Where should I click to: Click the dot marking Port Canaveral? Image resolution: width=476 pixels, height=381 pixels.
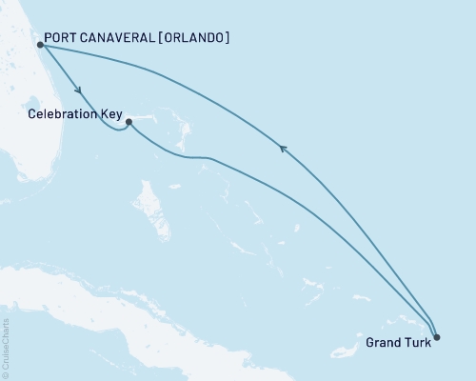click(x=40, y=44)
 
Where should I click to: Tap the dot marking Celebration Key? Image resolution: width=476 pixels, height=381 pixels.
click(x=129, y=122)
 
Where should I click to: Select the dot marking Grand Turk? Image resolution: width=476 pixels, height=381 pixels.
click(x=436, y=335)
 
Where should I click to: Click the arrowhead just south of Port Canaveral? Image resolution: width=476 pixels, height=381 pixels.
click(x=76, y=91)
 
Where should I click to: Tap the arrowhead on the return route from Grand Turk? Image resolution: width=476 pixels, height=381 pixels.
click(x=282, y=147)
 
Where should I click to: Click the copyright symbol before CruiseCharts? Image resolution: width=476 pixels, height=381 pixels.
click(x=6, y=375)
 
